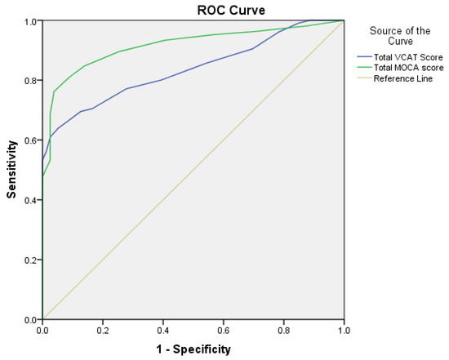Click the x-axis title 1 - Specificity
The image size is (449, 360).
(x=193, y=349)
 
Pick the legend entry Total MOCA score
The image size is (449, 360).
(x=410, y=67)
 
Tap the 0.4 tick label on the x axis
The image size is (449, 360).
(x=163, y=331)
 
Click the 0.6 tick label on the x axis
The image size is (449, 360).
(x=224, y=331)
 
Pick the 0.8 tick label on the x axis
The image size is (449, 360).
(x=284, y=331)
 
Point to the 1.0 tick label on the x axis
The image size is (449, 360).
(x=344, y=331)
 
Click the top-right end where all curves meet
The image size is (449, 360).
(x=344, y=21)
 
